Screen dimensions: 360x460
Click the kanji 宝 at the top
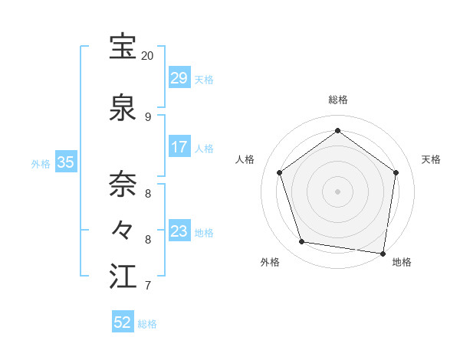[123, 47]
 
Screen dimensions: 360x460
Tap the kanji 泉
[123, 107]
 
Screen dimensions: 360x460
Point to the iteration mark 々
[123, 229]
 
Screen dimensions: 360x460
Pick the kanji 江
[123, 277]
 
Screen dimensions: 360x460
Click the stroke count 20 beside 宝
[147, 56]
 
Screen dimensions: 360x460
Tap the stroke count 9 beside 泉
[147, 117]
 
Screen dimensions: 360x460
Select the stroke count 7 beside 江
[147, 286]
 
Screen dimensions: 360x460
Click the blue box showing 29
[179, 78]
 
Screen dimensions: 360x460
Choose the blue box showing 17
[179, 147]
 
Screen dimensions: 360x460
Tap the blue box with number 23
[179, 231]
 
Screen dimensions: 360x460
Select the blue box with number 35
[66, 162]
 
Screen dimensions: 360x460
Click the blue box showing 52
[123, 322]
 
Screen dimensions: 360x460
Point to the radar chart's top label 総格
[337, 100]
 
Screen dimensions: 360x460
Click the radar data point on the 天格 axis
[396, 172]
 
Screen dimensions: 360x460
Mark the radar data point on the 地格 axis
[383, 253]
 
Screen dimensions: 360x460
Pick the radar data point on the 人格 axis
[279, 172]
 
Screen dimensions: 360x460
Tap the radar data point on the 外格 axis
[302, 241]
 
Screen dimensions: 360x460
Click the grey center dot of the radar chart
[337, 191]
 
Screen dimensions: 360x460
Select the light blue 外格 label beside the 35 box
[41, 163]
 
